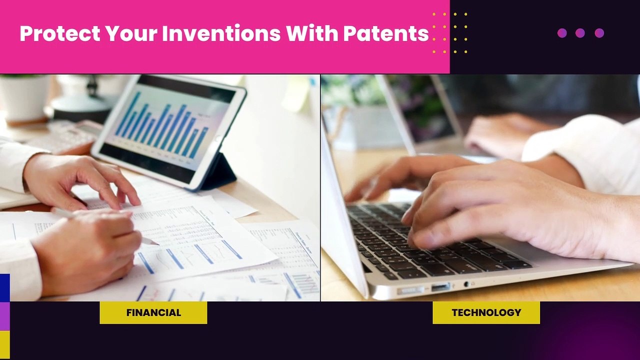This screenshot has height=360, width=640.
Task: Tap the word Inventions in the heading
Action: (x=221, y=33)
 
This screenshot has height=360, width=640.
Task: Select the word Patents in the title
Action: (x=385, y=33)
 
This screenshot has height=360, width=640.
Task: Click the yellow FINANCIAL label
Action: (x=153, y=312)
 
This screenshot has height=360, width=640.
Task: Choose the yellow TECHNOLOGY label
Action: (x=486, y=312)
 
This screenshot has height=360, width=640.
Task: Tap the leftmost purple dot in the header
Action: (x=562, y=33)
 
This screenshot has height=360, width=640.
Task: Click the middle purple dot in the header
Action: (x=580, y=33)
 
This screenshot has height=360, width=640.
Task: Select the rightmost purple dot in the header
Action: (x=599, y=33)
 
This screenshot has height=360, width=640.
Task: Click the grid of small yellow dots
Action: (x=450, y=33)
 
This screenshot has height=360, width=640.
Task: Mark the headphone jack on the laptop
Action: (x=466, y=284)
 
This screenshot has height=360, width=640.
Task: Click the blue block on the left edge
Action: (x=4, y=287)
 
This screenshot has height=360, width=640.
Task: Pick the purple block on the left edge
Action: (x=4, y=316)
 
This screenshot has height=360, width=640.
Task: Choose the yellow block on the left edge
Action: (x=4, y=344)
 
